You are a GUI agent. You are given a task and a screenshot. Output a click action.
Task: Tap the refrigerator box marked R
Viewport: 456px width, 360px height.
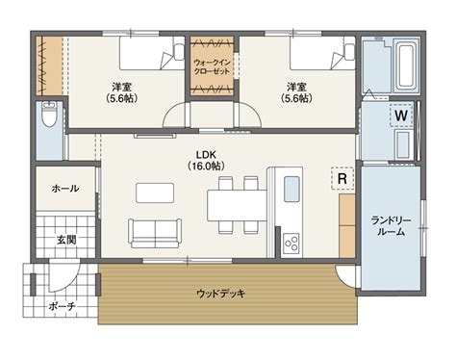point(342,178)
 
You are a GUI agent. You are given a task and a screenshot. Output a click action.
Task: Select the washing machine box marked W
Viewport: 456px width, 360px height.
point(401,116)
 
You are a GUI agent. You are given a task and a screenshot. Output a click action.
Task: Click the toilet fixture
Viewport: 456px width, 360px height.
point(49,114)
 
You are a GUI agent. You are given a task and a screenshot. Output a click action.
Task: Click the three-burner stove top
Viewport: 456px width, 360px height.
point(291,244)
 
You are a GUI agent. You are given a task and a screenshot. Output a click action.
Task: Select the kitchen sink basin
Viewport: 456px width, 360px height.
point(291,189)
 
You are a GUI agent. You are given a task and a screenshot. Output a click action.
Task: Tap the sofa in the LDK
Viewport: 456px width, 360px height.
point(155,233)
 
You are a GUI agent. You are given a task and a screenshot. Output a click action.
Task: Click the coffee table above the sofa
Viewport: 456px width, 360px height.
point(155,193)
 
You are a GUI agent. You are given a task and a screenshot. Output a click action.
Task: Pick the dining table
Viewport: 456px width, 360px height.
point(238,206)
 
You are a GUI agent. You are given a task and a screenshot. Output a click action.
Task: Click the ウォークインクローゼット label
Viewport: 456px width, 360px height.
point(212,66)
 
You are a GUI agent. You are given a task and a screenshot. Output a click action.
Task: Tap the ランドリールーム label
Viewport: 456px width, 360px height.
point(391,226)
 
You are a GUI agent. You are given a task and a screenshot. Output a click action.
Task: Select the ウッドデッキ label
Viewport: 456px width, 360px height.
point(220,294)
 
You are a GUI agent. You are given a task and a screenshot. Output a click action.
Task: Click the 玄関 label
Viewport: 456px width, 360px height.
point(66,240)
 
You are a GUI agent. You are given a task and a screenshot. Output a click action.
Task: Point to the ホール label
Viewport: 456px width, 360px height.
point(65,189)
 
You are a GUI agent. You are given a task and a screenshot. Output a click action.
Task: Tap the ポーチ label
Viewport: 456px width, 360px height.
point(62,306)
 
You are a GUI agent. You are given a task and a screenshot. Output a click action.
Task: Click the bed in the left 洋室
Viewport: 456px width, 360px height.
point(152,53)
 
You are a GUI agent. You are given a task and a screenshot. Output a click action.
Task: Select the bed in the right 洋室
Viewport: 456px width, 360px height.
point(322,53)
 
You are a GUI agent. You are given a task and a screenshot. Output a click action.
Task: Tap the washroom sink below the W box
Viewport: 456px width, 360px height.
point(403,143)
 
